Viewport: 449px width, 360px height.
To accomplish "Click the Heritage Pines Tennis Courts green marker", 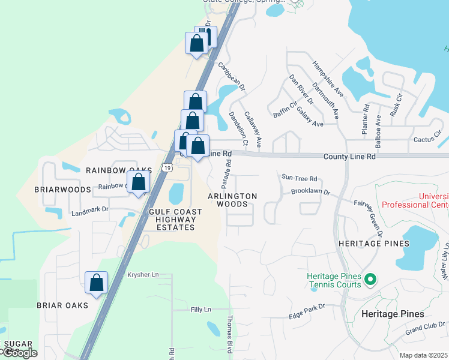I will point(370,279).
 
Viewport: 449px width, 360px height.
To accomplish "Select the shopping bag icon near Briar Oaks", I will point(96,283).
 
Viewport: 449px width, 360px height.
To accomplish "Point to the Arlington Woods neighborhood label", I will point(232,200).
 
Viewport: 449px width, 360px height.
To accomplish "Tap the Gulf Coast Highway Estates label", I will point(175,220).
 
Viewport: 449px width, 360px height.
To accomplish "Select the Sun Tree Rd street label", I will point(298,178).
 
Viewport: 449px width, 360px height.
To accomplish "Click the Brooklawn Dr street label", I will point(311,191).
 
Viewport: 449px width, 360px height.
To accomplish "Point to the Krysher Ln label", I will point(142,274).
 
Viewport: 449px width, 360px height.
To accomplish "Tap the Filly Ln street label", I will point(200,310).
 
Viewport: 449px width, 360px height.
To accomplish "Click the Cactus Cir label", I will point(427,140).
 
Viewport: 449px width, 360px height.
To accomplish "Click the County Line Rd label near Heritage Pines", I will point(349,156).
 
